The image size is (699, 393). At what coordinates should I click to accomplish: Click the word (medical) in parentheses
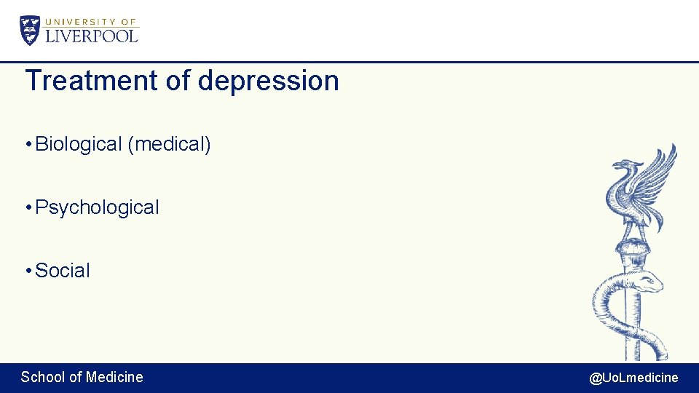click(169, 144)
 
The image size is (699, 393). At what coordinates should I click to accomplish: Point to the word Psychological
click(97, 207)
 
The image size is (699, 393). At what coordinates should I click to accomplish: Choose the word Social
click(63, 271)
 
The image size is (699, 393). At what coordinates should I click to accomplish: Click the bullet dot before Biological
click(27, 145)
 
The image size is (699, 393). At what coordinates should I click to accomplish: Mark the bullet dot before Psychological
click(27, 208)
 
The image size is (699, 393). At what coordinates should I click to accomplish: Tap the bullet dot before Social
click(27, 271)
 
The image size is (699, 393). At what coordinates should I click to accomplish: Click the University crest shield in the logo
click(30, 30)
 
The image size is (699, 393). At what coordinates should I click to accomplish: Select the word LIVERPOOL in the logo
click(92, 36)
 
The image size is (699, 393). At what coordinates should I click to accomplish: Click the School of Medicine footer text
click(82, 377)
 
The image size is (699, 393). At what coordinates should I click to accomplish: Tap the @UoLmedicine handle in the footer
click(633, 378)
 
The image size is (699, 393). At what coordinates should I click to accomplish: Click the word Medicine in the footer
click(114, 377)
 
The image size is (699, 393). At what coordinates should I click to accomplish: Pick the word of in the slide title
click(178, 81)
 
